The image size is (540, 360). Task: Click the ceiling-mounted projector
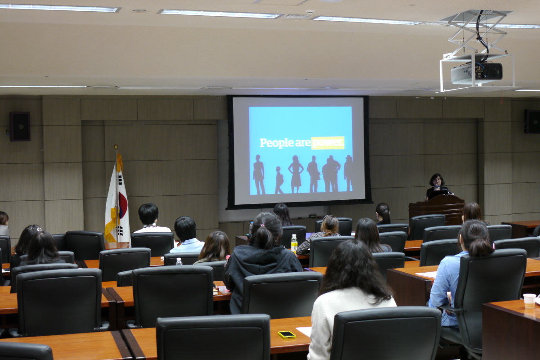pyautogui.click(x=477, y=73)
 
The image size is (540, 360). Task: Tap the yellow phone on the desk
pyautogui.click(x=287, y=335)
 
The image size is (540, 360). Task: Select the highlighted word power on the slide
pyautogui.click(x=328, y=143)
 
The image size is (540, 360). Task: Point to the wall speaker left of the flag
pyautogui.click(x=20, y=126)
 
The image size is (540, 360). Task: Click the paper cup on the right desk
pyautogui.click(x=530, y=301)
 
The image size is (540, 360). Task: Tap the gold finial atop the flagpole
pyautogui.click(x=116, y=146)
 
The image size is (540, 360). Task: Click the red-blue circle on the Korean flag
pyautogui.click(x=123, y=205)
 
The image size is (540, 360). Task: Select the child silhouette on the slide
pyautogui.click(x=279, y=180)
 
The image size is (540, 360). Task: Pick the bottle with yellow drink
pyautogui.click(x=294, y=243)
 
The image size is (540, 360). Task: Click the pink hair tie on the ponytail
pyautogui.click(x=262, y=226)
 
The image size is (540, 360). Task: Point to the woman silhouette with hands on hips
pyautogui.click(x=296, y=174)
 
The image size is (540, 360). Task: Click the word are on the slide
pyautogui.click(x=303, y=144)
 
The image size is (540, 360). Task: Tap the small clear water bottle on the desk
pyautogui.click(x=179, y=261)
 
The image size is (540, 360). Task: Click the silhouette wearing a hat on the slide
pyautogui.click(x=348, y=173)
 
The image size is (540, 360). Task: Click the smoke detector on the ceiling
pyautogui.click(x=310, y=12)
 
